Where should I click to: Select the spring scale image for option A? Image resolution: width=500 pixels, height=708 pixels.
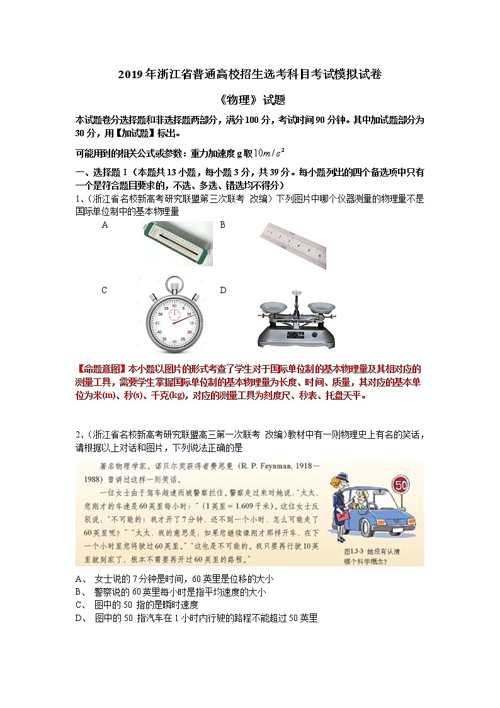(176, 243)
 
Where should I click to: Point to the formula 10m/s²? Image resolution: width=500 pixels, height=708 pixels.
(270, 152)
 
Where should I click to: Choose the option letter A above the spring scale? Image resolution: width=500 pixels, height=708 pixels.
(105, 224)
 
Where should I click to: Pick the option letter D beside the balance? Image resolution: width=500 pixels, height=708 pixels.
(223, 291)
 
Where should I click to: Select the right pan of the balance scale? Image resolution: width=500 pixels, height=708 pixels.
(322, 307)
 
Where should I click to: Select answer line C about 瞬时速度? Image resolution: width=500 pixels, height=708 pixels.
(129, 605)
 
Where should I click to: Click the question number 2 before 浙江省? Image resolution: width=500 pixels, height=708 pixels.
(78, 434)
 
